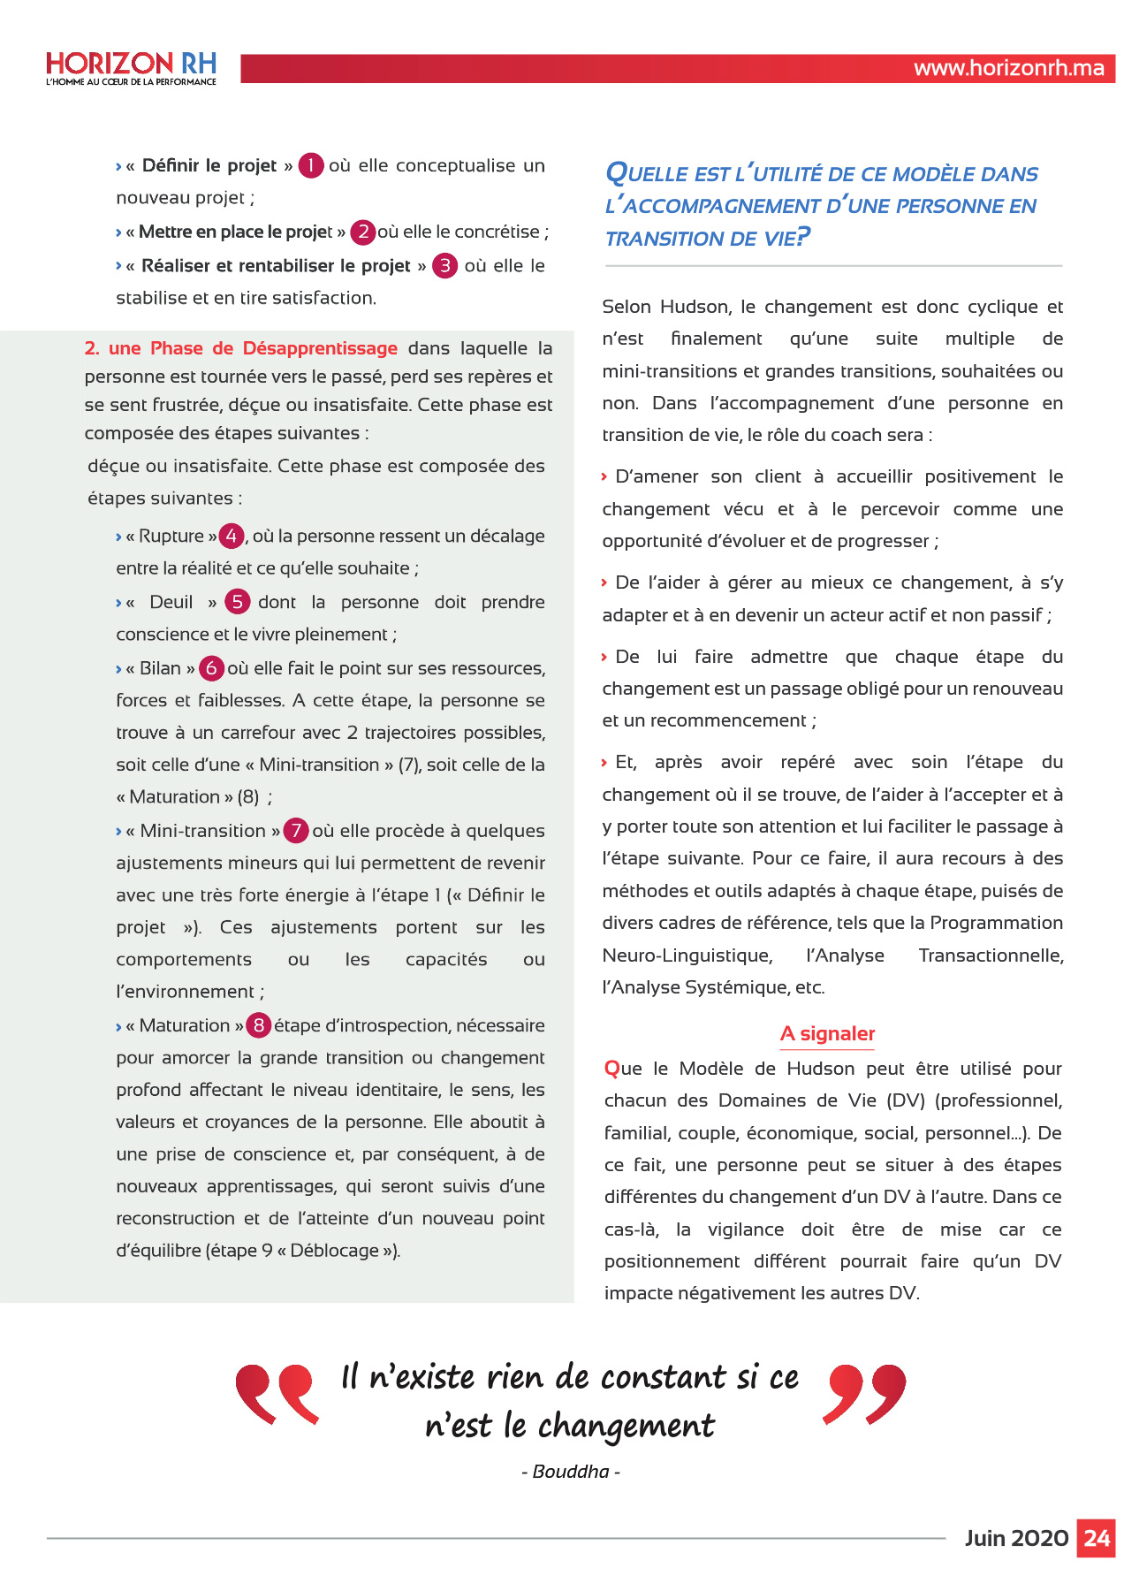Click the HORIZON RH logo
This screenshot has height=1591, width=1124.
coord(131,68)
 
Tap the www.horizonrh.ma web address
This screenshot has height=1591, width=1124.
coord(1008,69)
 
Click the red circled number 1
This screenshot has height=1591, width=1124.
coord(311,165)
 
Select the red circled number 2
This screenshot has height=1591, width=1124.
coord(363,232)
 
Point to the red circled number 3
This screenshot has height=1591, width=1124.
coord(444,266)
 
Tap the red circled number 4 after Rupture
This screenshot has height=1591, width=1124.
coord(232,536)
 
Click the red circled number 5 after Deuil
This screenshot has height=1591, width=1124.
coord(237,602)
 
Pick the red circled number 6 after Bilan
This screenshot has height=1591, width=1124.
coord(211,668)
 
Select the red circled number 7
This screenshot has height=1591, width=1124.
coord(296,831)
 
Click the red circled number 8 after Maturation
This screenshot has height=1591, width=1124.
coord(258,1025)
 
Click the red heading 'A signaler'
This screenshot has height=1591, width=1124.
coord(827,1034)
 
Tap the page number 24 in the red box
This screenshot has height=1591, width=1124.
coord(1096,1539)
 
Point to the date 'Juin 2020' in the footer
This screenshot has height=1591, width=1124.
coord(1016,1539)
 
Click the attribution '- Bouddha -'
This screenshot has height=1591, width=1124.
coord(571,1472)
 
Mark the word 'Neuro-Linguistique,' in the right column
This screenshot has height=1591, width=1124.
coord(687,955)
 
